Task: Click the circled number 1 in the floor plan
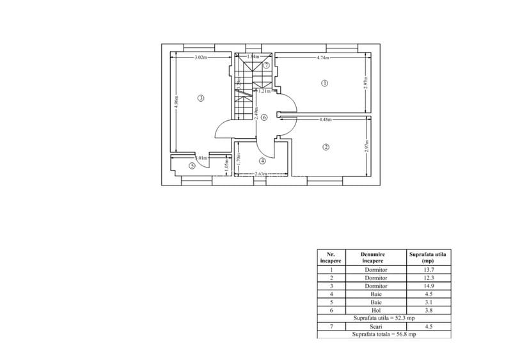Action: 324,83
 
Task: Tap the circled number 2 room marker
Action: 326,147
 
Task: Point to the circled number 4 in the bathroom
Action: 262,160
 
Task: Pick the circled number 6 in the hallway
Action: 264,117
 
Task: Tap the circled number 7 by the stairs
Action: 266,65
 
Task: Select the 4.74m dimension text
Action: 322,58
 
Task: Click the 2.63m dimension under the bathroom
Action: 260,174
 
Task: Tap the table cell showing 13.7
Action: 428,270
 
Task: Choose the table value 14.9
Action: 428,286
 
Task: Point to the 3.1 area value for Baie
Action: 428,302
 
